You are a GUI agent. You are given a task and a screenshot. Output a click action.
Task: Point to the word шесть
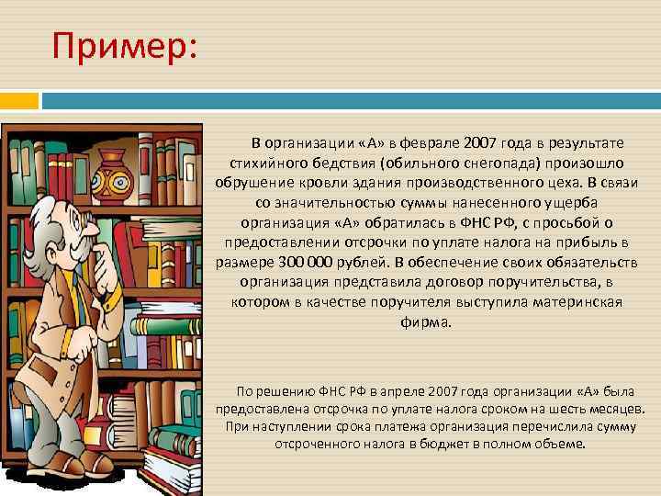tap(557, 409)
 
